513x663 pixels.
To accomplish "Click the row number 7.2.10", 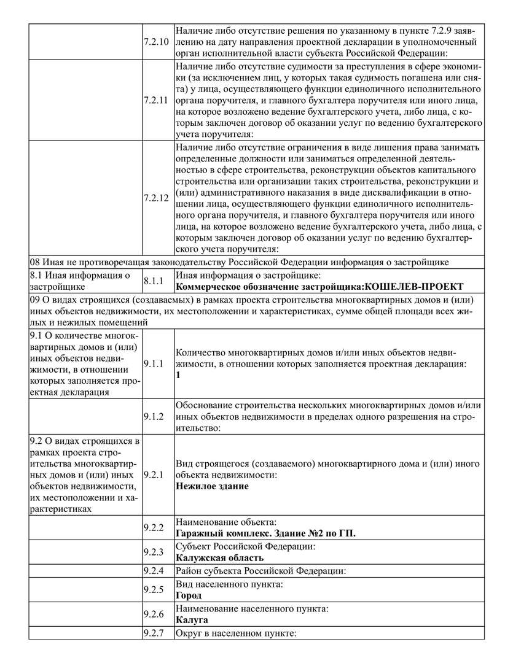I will tap(155, 42).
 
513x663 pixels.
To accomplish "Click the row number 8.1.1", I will tap(153, 281).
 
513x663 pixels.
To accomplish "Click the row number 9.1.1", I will tap(153, 364).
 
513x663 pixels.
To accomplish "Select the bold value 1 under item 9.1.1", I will tap(178, 374).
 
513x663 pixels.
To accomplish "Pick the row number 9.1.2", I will tap(153, 417).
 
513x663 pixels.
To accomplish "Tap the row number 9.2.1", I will tap(153, 475).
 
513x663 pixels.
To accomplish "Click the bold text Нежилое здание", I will tap(212, 486).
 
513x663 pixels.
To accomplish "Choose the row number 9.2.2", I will tap(153, 527).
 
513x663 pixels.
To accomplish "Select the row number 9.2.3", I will tap(153, 551).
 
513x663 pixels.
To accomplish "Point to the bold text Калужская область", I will tap(219, 557).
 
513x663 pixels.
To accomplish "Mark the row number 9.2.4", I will tap(153, 570).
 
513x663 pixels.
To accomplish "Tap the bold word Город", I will tap(188, 595).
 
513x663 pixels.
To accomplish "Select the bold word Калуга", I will tap(191, 620).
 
